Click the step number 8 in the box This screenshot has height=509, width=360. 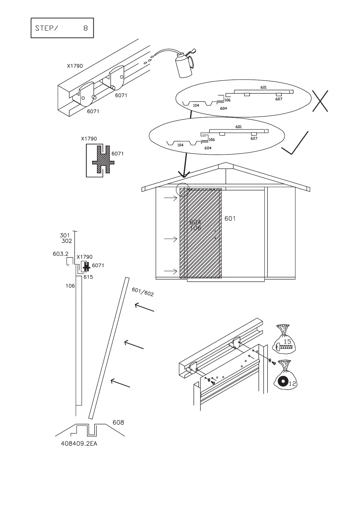click(x=86, y=28)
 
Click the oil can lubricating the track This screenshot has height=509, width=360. click(x=184, y=65)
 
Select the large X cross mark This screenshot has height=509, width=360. click(x=320, y=101)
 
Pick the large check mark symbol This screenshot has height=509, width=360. click(x=295, y=143)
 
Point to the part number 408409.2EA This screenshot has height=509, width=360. click(x=79, y=444)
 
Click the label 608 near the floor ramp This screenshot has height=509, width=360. click(x=118, y=423)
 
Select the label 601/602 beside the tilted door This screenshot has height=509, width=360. click(x=143, y=292)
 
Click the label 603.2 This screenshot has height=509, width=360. click(x=60, y=254)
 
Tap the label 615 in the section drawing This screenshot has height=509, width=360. click(x=88, y=277)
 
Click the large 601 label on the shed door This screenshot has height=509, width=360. click(x=230, y=219)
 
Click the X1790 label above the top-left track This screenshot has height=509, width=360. click(x=75, y=66)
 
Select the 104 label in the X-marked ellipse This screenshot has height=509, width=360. click(x=196, y=105)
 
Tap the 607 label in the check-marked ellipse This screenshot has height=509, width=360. click(x=254, y=138)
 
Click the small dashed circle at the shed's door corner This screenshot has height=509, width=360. click(x=183, y=190)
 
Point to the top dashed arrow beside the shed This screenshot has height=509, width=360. click(x=171, y=198)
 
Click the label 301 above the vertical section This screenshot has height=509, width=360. click(x=65, y=235)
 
